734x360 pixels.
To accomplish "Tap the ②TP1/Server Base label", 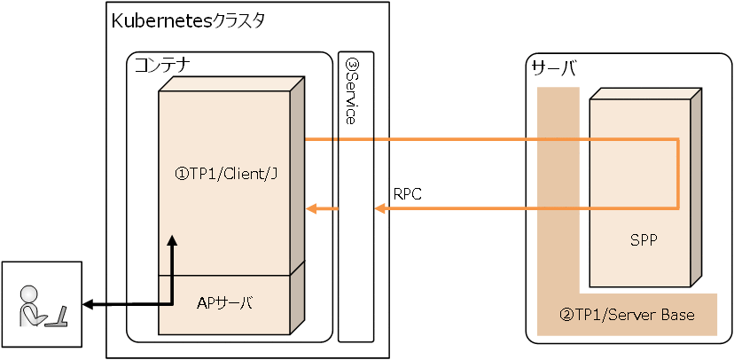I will click(x=627, y=315).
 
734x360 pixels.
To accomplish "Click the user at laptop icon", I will click(x=41, y=305).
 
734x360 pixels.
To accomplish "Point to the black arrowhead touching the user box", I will click(x=87, y=305).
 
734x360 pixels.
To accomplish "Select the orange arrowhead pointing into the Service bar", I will click(x=379, y=209).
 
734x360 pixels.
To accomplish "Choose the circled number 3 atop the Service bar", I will click(x=351, y=65).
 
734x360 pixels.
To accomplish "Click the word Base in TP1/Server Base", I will click(x=678, y=315).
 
